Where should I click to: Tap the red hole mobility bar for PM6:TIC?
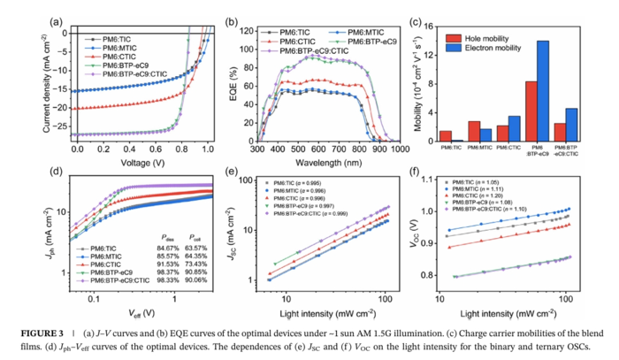click(446, 136)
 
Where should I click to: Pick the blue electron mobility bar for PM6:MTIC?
click(485, 135)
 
